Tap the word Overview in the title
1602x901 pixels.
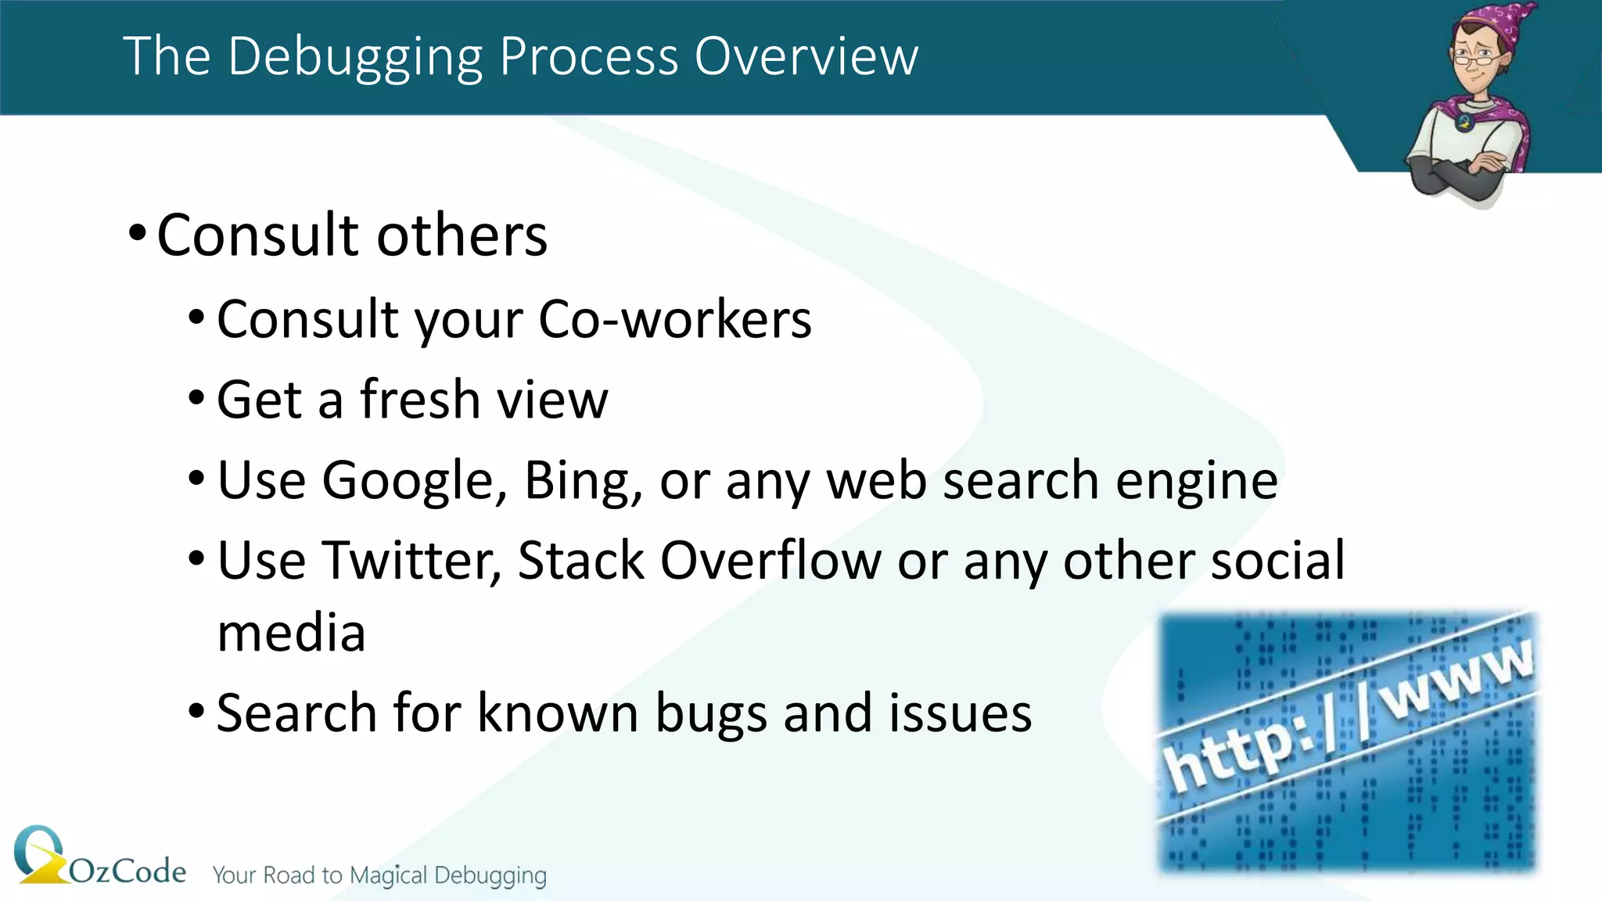pyautogui.click(x=806, y=57)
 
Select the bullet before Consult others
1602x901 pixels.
pyautogui.click(x=138, y=233)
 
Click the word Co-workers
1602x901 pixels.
pyautogui.click(x=675, y=320)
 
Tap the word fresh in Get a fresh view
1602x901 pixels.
pyautogui.click(x=419, y=400)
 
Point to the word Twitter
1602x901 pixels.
pyautogui.click(x=411, y=561)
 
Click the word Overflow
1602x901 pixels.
pyautogui.click(x=770, y=561)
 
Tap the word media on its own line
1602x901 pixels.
pyautogui.click(x=291, y=634)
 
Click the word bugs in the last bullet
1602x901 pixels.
pyautogui.click(x=711, y=714)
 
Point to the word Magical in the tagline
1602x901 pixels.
pyautogui.click(x=389, y=875)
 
